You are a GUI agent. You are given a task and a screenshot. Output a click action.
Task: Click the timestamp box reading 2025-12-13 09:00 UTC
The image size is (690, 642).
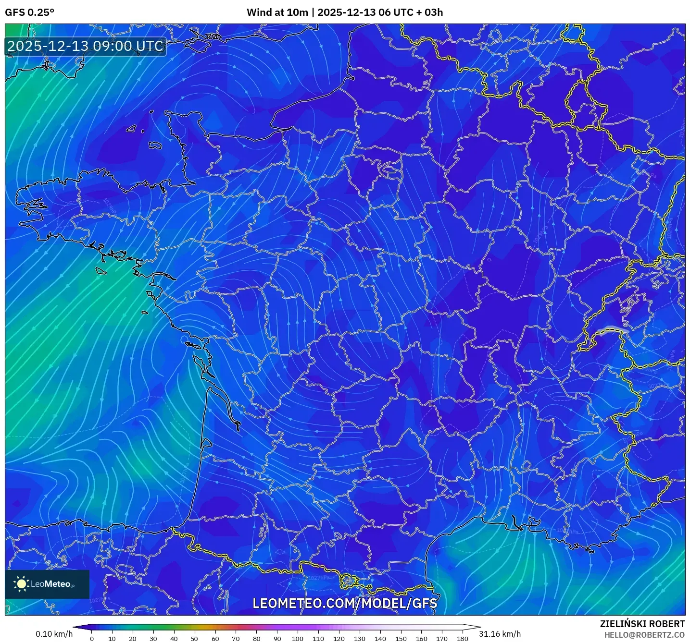pyautogui.click(x=86, y=46)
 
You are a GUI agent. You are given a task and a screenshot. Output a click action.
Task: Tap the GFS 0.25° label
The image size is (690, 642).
pyautogui.click(x=29, y=12)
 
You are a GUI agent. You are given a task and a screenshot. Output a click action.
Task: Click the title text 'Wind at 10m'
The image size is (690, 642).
pyautogui.click(x=277, y=12)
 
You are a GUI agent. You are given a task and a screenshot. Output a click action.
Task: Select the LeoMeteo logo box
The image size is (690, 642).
pyautogui.click(x=47, y=584)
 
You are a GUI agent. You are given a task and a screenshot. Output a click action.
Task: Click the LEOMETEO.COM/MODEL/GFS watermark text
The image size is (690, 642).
pyautogui.click(x=345, y=603)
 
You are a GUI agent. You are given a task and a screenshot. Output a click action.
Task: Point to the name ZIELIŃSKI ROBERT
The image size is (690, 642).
pyautogui.click(x=642, y=624)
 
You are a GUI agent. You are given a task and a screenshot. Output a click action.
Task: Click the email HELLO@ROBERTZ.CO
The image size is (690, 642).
pyautogui.click(x=644, y=635)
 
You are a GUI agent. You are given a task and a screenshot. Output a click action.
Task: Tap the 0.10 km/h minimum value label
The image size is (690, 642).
pyautogui.click(x=54, y=634)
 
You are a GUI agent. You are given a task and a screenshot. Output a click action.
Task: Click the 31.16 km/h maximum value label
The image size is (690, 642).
pyautogui.click(x=500, y=634)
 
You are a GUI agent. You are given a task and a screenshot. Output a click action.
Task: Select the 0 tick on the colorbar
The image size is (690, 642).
pyautogui.click(x=92, y=639)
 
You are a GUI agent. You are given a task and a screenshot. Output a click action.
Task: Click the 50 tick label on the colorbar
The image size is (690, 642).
pyautogui.click(x=194, y=639)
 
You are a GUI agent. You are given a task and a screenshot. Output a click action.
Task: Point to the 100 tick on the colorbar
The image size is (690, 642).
pyautogui.click(x=298, y=639)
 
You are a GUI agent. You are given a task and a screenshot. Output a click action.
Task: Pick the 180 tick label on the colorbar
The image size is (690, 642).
pyautogui.click(x=462, y=639)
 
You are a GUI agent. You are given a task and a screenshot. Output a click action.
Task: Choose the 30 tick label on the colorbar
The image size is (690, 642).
pyautogui.click(x=153, y=639)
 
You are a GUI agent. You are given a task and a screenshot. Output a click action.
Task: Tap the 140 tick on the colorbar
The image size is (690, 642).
pyautogui.click(x=380, y=639)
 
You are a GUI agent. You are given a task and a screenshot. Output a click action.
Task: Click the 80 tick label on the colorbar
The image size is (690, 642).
pyautogui.click(x=256, y=639)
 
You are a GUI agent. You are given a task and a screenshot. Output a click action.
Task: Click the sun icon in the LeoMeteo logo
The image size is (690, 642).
pyautogui.click(x=22, y=584)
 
